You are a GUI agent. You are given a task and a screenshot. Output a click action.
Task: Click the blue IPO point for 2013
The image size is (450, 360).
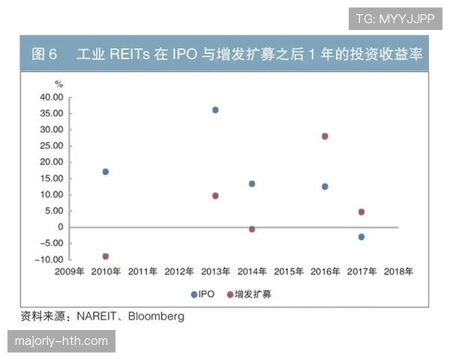[215, 109]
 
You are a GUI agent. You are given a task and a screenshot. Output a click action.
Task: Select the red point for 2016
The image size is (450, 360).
[325, 136]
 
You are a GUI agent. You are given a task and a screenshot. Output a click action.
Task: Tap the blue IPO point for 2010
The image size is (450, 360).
[106, 172]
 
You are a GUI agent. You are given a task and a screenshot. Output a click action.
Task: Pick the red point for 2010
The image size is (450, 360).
[106, 256]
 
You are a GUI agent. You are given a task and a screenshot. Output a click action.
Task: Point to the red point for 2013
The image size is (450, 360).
[215, 196]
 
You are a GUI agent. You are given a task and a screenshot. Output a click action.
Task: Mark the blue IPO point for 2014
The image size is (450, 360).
[252, 184]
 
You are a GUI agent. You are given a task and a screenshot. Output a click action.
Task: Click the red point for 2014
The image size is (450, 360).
[252, 229]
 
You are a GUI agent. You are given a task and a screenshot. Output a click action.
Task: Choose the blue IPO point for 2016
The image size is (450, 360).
[325, 186]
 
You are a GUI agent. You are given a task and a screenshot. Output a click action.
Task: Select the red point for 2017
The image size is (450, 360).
[361, 212]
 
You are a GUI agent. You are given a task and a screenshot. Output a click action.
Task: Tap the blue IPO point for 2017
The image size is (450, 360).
[361, 237]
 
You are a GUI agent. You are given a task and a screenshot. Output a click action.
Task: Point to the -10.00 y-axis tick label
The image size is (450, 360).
[49, 259]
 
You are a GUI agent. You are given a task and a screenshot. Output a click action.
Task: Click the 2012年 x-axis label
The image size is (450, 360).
[179, 271]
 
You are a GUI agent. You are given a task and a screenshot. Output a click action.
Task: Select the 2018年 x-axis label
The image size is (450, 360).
[397, 271]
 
